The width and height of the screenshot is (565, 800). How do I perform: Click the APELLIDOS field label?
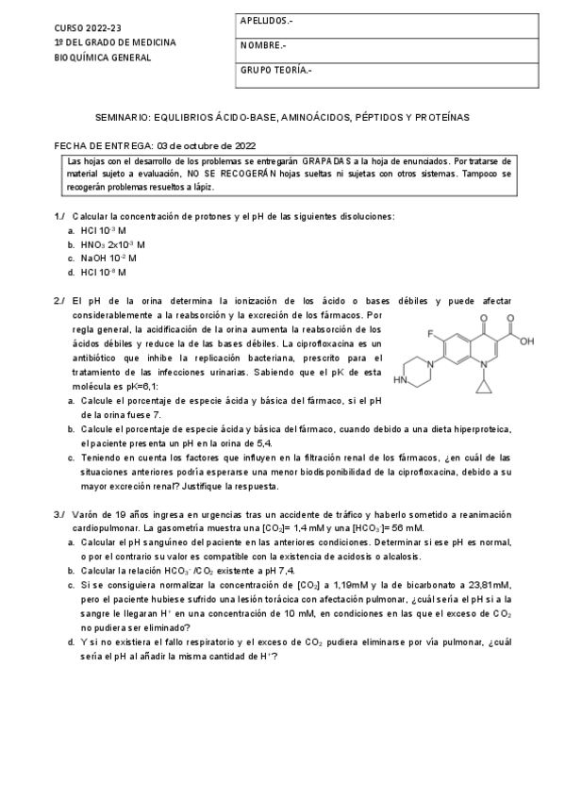[267, 20]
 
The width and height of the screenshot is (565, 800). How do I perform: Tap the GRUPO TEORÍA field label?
[276, 70]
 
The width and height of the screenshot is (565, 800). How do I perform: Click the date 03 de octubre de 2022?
[207, 146]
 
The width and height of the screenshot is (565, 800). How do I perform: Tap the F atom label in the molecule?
[430, 335]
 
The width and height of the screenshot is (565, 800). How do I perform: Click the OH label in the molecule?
[526, 342]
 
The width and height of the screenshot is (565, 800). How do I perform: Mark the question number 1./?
[60, 216]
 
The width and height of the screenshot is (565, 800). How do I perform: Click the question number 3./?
[60, 514]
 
